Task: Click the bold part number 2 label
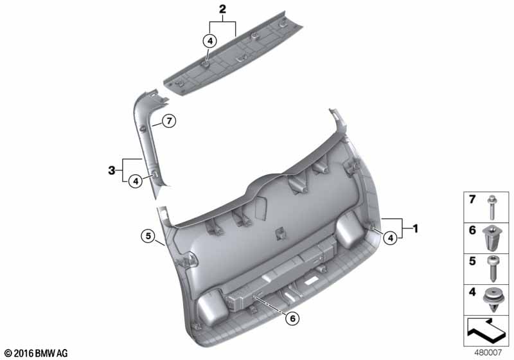(x=222, y=9)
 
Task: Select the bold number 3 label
(x=112, y=170)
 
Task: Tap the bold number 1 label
(x=415, y=228)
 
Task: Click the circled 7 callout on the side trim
(x=169, y=122)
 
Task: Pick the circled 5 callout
(x=148, y=235)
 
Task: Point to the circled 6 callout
(x=292, y=318)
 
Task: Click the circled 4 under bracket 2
(x=210, y=41)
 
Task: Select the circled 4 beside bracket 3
(x=136, y=181)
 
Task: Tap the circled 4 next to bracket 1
(x=390, y=238)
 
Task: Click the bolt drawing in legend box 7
(x=492, y=207)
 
